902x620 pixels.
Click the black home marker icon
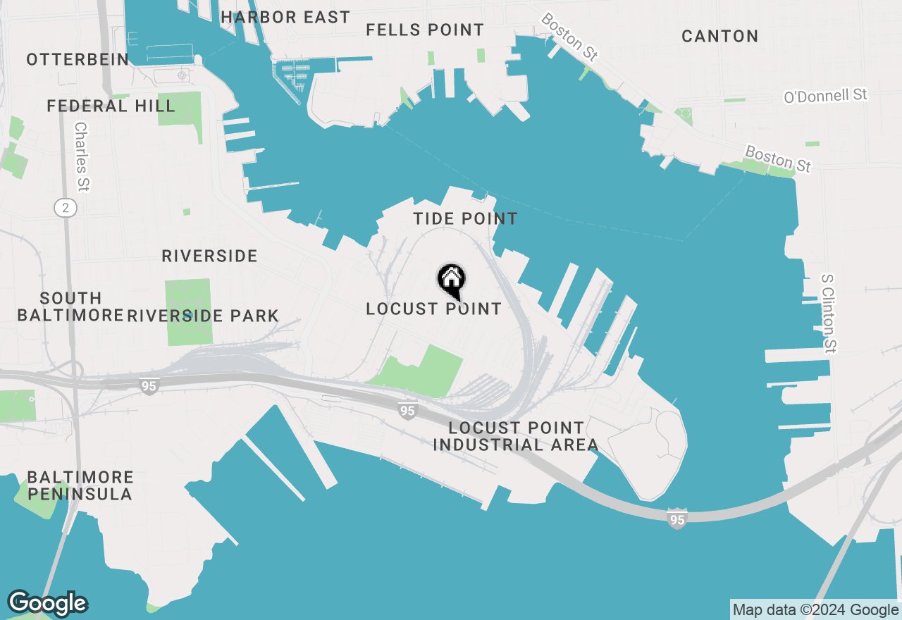point(451,280)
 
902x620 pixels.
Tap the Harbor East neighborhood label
point(285,18)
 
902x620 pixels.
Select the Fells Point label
point(425,30)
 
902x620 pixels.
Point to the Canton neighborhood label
point(719,37)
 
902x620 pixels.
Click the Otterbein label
point(78,60)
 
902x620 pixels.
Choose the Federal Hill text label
point(111,106)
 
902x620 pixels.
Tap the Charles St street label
point(82,157)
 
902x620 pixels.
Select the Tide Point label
point(465,219)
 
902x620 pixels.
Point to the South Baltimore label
point(70,306)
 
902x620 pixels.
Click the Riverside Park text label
point(203,316)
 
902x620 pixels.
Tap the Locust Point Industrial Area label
point(516,436)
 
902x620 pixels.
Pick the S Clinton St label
point(829,313)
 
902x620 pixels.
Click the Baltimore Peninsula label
point(80,485)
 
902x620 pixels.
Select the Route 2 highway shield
point(66,207)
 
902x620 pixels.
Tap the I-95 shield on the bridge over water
point(676,520)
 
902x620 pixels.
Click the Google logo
point(47,603)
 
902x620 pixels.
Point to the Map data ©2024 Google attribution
point(815,610)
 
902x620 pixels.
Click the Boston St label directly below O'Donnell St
point(778,159)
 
